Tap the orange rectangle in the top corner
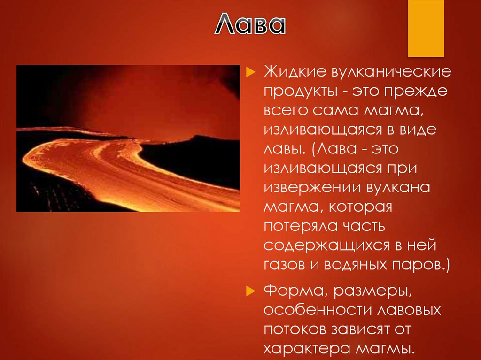[x=426, y=28]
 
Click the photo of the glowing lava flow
[x=128, y=138]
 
